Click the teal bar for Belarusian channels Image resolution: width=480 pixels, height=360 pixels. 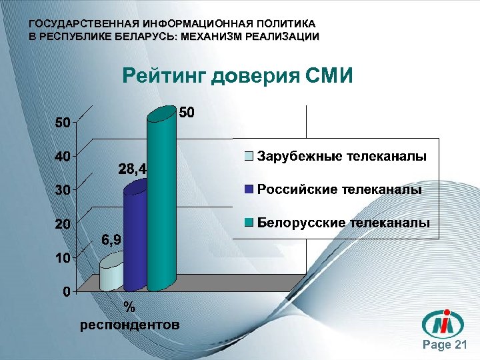[162, 200]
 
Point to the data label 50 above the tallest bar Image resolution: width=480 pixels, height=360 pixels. [187, 113]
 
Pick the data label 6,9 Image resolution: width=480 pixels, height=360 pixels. [111, 240]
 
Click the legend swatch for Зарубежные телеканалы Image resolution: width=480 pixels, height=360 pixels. [249, 157]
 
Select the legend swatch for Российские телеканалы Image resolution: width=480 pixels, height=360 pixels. [249, 189]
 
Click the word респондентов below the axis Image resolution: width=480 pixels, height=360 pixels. [129, 325]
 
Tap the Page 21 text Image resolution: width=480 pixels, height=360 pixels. [446, 345]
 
